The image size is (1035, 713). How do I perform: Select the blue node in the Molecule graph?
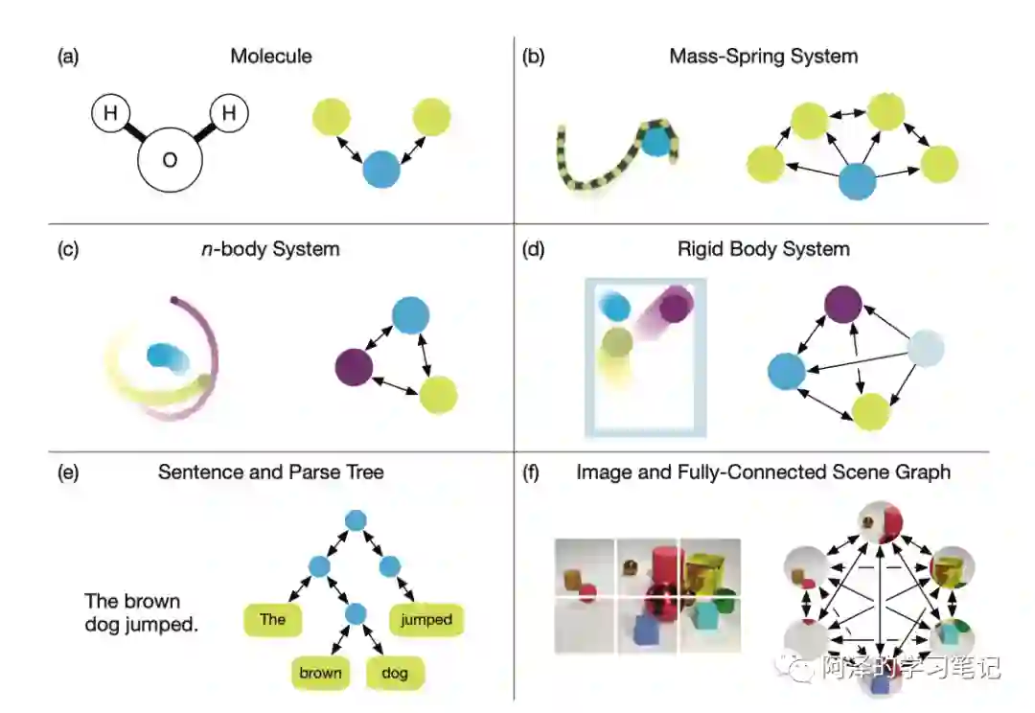point(381,170)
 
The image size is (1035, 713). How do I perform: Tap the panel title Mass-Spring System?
point(763,57)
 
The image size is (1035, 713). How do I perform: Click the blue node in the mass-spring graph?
point(857,180)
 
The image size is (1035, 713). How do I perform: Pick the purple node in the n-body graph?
point(354,367)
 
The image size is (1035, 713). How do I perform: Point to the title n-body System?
point(279,249)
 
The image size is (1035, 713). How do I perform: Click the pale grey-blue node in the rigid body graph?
point(925,349)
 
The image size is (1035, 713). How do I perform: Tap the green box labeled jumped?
point(425,620)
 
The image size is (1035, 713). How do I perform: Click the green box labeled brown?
point(320,673)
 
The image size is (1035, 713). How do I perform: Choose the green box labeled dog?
point(393,673)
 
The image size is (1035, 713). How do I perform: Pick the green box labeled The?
point(273,619)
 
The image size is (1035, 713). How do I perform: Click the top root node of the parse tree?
point(356,520)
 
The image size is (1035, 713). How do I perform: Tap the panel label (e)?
point(68,471)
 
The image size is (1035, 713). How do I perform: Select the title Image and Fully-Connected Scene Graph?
point(763,471)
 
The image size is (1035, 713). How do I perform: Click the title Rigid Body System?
point(763,249)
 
